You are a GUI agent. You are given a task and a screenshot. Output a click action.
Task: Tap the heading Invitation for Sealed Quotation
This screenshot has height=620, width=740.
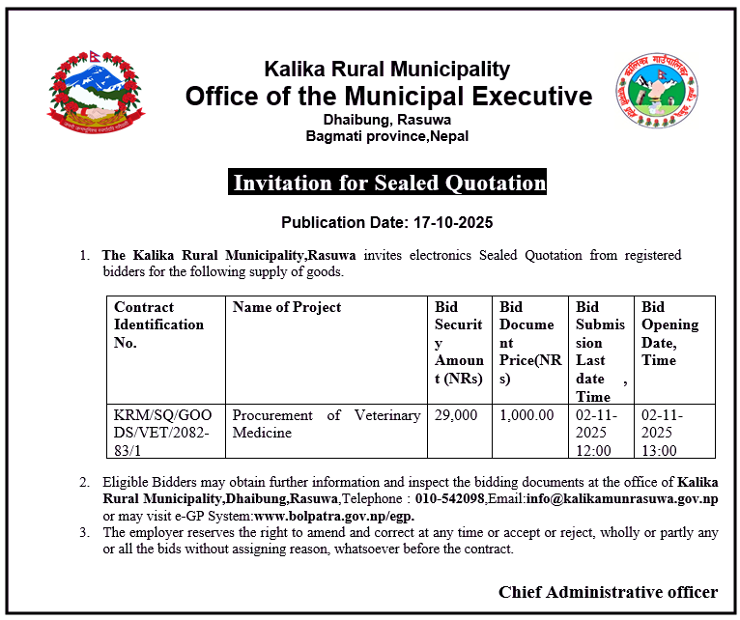pyautogui.click(x=389, y=183)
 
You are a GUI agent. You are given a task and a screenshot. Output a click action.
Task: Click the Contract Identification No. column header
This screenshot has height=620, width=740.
pyautogui.click(x=159, y=324)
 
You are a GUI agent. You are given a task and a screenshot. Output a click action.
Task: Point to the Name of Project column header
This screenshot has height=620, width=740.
pyautogui.click(x=287, y=307)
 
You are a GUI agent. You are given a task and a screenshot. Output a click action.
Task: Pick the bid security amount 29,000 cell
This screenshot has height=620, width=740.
pyautogui.click(x=456, y=415)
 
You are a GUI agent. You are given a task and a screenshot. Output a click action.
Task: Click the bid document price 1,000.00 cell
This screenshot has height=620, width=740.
pyautogui.click(x=527, y=415)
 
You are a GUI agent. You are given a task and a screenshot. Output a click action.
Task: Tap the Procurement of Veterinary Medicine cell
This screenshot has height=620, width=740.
pyautogui.click(x=327, y=424)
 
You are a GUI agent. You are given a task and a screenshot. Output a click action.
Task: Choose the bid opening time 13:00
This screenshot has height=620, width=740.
pyautogui.click(x=660, y=450)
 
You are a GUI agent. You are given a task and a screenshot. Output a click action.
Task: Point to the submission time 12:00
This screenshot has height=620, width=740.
pyautogui.click(x=594, y=450)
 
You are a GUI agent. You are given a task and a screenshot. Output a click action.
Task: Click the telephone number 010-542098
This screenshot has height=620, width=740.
pyautogui.click(x=449, y=499)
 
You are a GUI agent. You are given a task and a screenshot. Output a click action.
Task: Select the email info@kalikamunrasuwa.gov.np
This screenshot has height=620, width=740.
pyautogui.click(x=621, y=499)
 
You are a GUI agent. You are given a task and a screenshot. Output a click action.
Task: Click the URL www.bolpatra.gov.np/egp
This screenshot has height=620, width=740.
pyautogui.click(x=334, y=516)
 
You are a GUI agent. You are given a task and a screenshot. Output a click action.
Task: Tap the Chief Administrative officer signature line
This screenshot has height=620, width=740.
pyautogui.click(x=608, y=592)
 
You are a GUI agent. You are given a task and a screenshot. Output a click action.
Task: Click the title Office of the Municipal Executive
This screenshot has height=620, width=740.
pyautogui.click(x=388, y=97)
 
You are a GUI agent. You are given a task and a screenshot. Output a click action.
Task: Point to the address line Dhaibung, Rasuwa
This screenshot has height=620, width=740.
pyautogui.click(x=386, y=120)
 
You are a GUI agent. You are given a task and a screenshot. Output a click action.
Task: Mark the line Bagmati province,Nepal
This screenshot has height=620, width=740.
pyautogui.click(x=386, y=136)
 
